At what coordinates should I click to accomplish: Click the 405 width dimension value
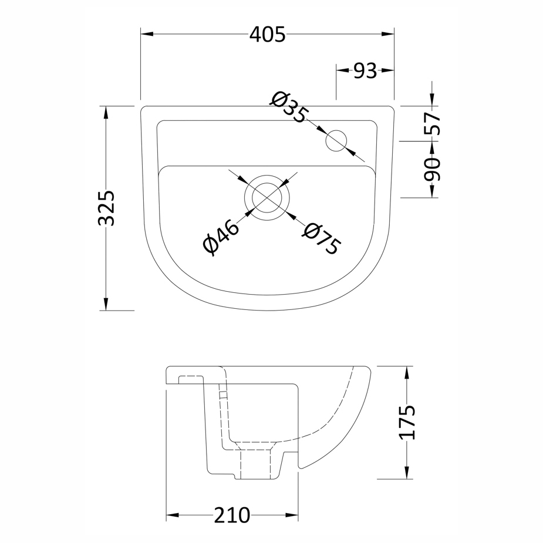coord(267,35)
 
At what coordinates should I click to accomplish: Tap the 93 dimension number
coord(365,70)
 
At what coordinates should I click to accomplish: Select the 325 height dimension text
coord(106,208)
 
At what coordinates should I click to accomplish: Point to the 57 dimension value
coord(432,123)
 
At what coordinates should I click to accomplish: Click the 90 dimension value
coord(432,169)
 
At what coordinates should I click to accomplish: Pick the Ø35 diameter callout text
coord(289,107)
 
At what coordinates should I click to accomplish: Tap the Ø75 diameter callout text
coord(321,238)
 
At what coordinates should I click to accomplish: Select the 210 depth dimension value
coord(232,515)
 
